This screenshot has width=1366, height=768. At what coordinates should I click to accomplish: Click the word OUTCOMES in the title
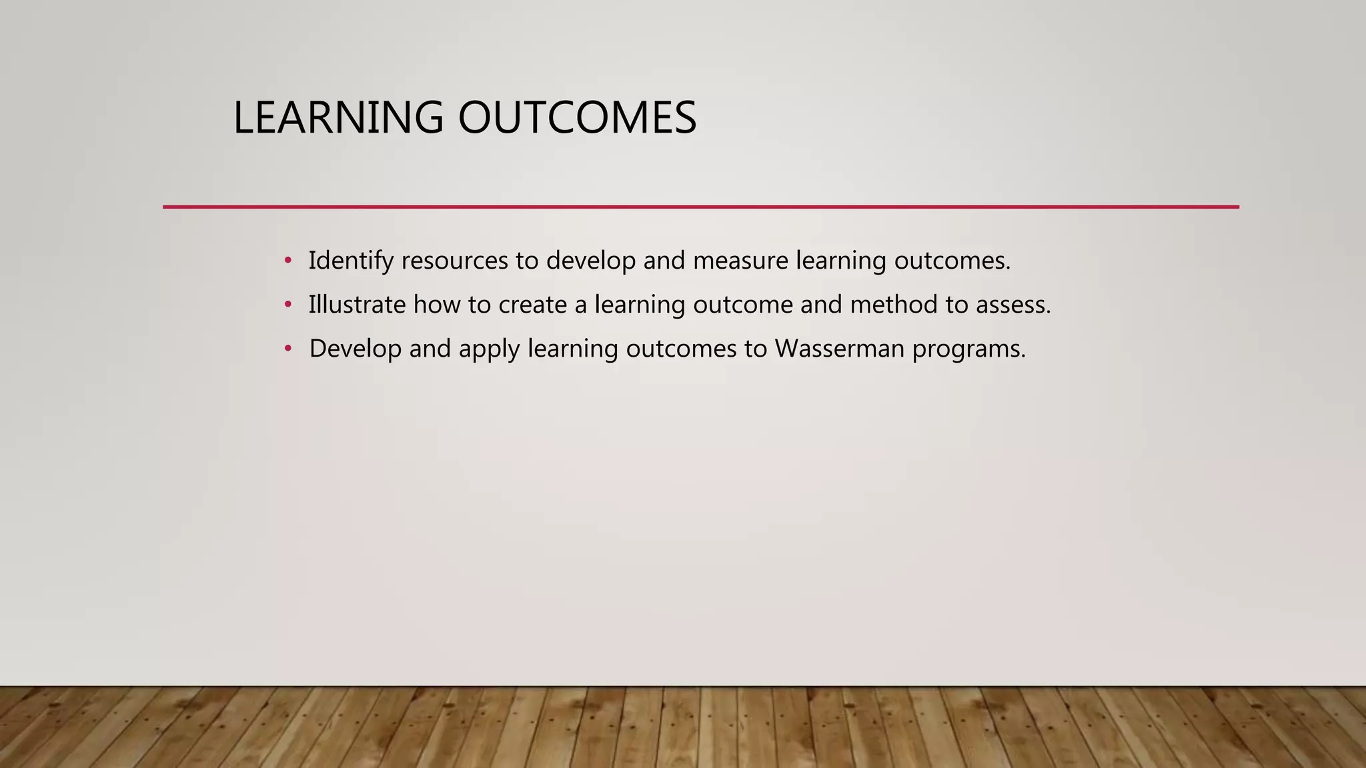coord(577,118)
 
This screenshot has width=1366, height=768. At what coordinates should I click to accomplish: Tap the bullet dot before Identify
coord(288,260)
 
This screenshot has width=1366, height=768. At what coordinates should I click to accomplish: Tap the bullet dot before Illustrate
coord(288,305)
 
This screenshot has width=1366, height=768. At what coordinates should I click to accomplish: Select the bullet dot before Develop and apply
coord(288,349)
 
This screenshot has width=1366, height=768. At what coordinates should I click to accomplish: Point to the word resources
coord(454,261)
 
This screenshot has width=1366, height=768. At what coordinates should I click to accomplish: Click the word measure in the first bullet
coord(740,261)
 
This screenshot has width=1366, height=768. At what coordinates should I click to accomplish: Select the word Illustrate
coord(357,305)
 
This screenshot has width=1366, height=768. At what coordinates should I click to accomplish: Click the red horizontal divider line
coord(700,207)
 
